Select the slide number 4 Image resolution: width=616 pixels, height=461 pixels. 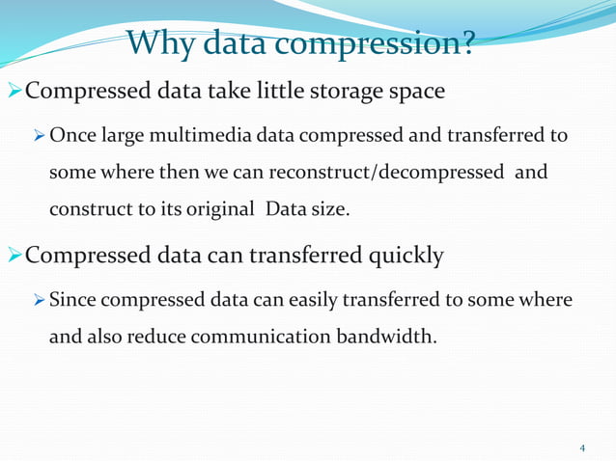pos(582,447)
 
